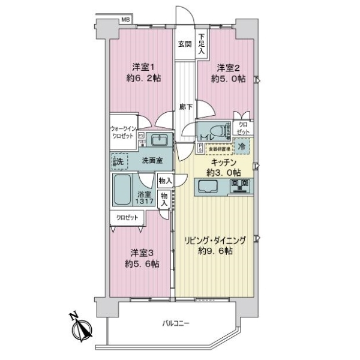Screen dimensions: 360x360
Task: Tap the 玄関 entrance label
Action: point(184,44)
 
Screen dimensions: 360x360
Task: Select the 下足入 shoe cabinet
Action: point(203,43)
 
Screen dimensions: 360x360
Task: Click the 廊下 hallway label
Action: point(186,107)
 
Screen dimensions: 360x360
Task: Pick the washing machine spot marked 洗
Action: point(120,161)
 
